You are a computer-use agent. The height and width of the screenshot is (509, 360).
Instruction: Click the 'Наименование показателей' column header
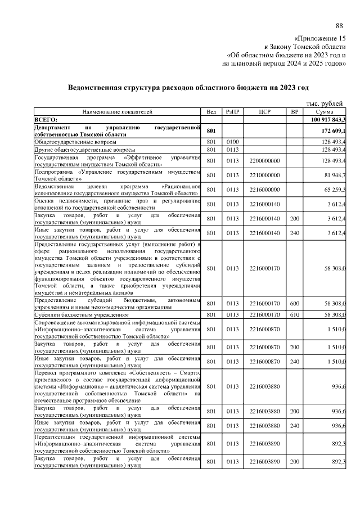117,112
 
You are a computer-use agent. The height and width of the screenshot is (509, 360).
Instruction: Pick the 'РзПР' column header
233,112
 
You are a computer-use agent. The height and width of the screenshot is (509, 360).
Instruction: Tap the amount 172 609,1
332,131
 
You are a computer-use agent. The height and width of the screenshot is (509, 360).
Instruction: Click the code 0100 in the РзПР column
233,142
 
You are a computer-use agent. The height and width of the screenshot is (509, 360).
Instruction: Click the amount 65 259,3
334,190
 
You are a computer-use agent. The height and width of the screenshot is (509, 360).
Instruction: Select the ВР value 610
294,314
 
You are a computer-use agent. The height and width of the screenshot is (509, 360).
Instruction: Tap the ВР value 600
294,304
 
